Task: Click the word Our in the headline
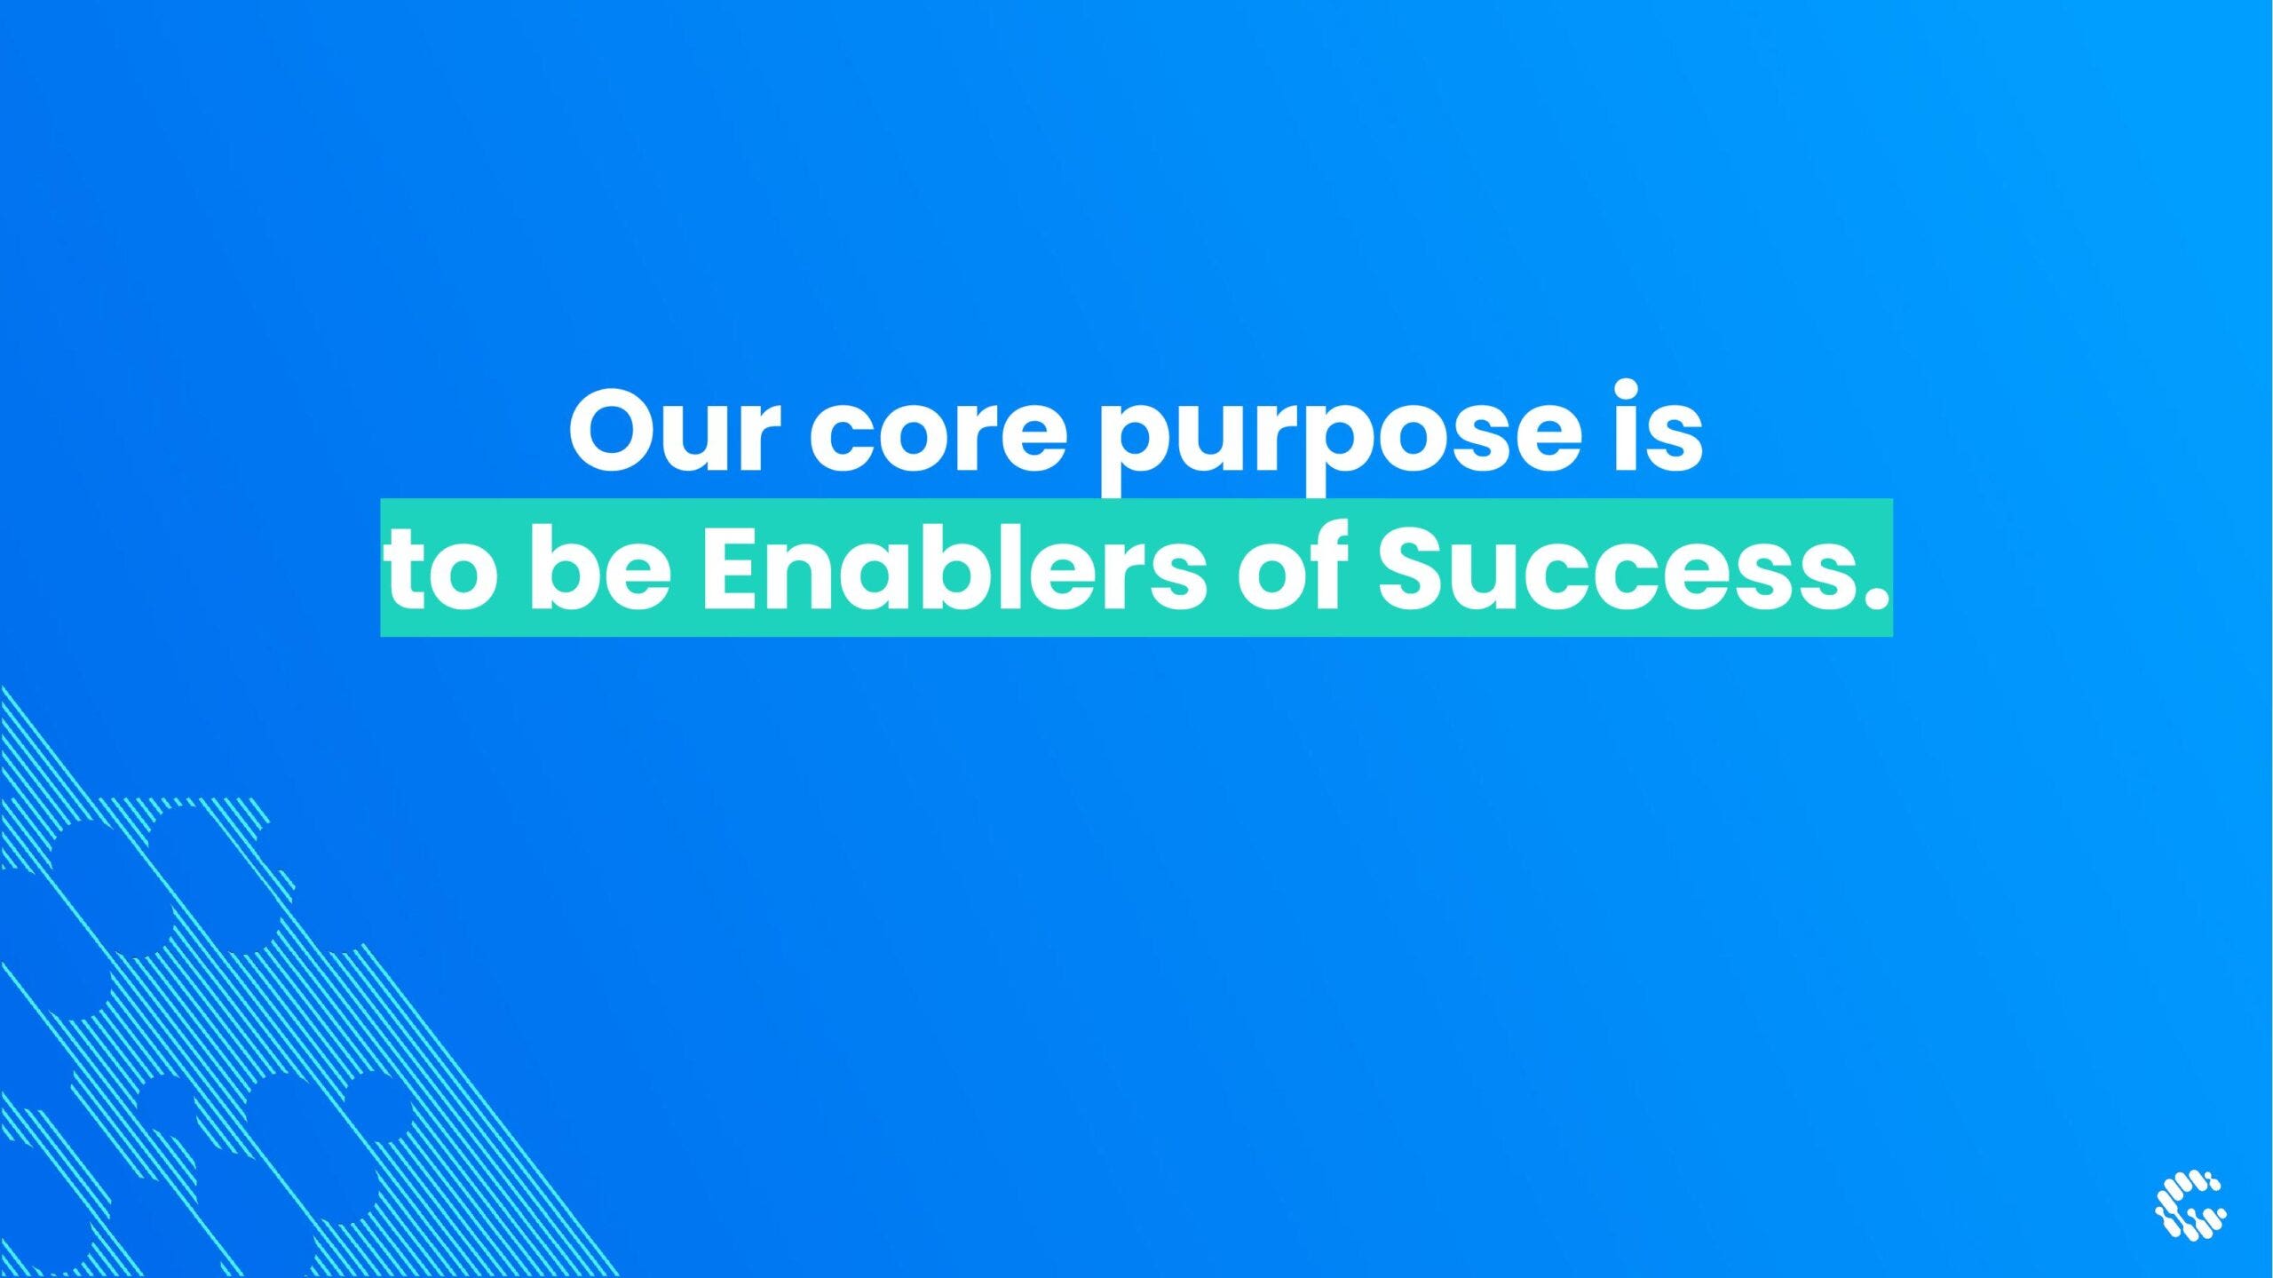click(674, 430)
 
